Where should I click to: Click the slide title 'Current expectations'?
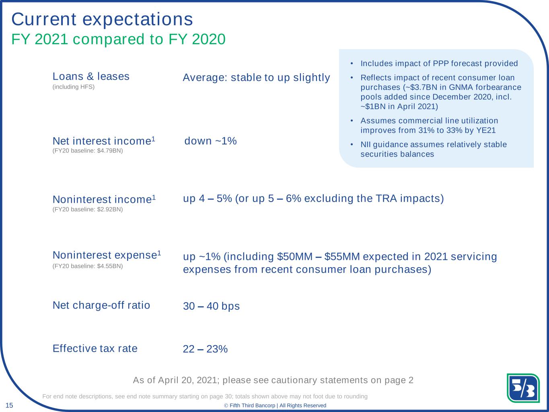[102, 19]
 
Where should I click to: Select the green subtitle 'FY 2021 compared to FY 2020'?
[118, 39]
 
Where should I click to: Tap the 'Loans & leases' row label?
[91, 76]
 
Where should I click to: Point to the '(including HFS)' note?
[74, 87]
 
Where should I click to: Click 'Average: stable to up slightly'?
[256, 78]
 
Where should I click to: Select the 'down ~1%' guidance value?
[211, 141]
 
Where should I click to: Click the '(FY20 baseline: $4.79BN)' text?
[88, 151]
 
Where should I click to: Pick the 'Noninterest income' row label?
[104, 200]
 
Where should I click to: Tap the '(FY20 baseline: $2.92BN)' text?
[88, 209]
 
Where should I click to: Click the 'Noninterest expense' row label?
[107, 255]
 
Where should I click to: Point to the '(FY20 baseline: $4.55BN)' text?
[88, 266]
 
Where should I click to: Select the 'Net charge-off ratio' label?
[101, 305]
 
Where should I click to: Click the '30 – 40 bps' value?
[211, 306]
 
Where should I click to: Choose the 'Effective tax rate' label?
[95, 348]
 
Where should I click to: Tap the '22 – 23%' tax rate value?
[206, 349]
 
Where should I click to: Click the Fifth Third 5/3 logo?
[523, 388]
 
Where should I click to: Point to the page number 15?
[9, 405]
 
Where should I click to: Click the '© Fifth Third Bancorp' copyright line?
[275, 406]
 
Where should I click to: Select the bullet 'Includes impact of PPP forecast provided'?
[439, 64]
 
